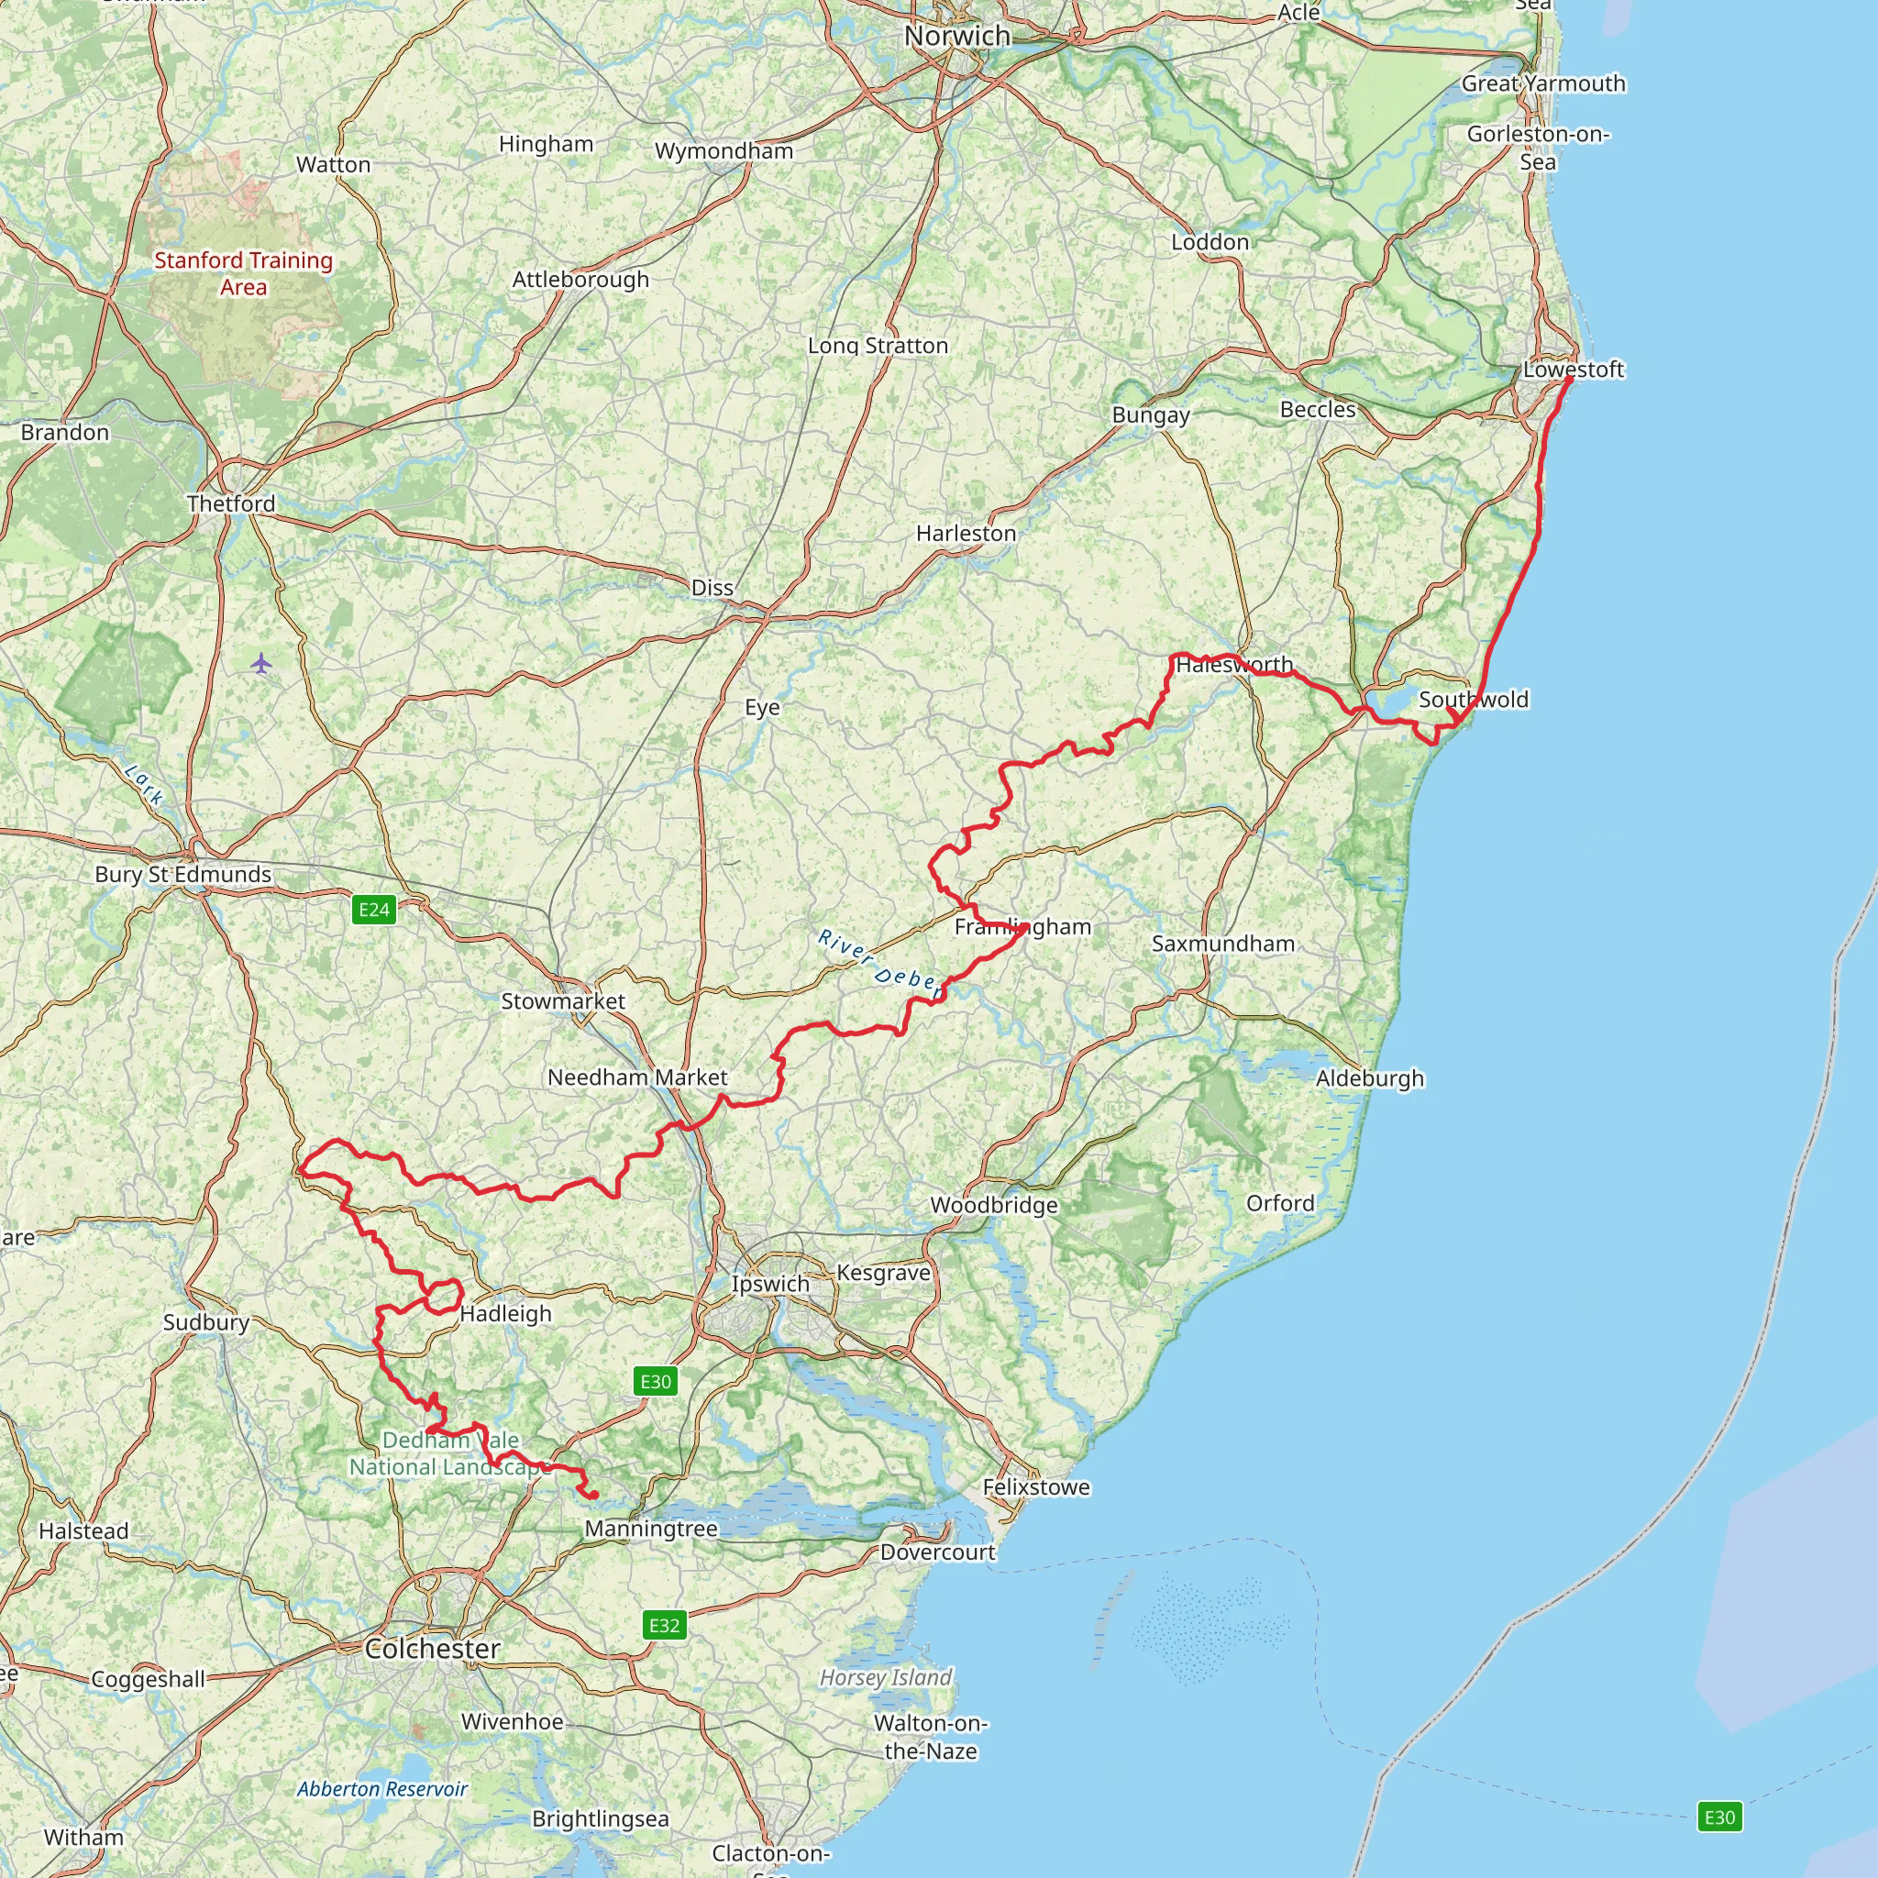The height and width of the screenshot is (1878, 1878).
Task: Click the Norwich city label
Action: point(957,36)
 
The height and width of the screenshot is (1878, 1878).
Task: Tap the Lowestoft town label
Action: point(1573,370)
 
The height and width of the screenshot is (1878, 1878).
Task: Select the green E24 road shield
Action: point(374,910)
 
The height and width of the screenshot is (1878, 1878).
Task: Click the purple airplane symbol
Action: point(260,664)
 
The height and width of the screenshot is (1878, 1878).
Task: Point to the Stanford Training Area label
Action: point(243,273)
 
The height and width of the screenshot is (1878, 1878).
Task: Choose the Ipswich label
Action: point(770,1283)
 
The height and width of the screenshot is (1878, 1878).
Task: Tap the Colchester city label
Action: point(433,1649)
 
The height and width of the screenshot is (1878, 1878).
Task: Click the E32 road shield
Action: point(664,1625)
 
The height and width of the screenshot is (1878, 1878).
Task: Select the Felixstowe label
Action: point(1036,1487)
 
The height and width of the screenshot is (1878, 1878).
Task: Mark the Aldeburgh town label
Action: point(1370,1078)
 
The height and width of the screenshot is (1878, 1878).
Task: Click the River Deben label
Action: point(879,965)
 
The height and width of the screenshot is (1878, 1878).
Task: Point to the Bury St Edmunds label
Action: point(182,874)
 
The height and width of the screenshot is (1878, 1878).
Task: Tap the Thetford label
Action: point(231,503)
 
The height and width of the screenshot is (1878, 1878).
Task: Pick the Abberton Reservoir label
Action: point(382,1788)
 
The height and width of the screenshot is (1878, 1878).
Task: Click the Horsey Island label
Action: point(886,1678)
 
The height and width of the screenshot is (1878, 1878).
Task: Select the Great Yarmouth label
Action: point(1543,83)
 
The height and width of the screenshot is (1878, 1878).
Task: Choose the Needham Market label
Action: point(636,1077)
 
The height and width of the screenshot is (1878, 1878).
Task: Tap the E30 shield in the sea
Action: point(1718,1817)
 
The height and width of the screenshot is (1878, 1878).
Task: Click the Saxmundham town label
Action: point(1223,943)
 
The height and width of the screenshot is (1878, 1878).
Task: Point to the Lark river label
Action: point(144,784)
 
